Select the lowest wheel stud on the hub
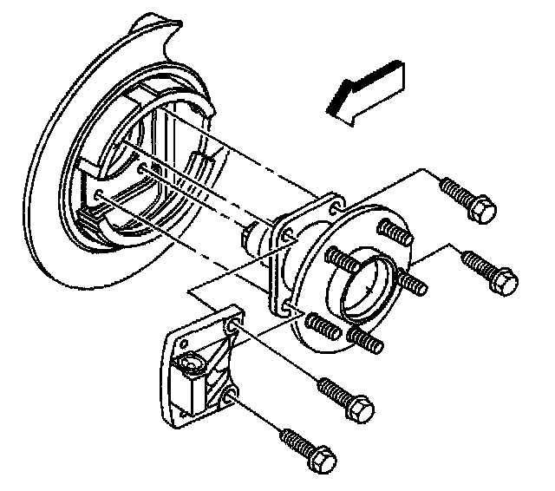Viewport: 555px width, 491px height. tap(363, 339)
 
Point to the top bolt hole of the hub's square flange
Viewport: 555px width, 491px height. tap(330, 206)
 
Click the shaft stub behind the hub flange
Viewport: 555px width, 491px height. tap(251, 236)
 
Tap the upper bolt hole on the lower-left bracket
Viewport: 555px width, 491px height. tap(232, 327)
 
